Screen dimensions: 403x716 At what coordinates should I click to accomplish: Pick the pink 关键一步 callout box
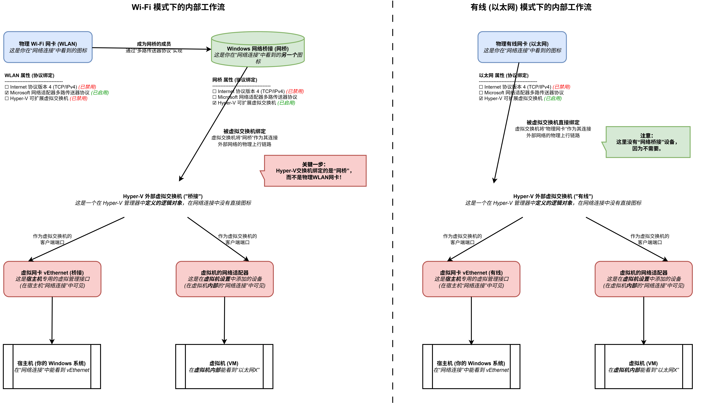[315, 171]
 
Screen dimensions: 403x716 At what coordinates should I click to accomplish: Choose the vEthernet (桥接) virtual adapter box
[52, 279]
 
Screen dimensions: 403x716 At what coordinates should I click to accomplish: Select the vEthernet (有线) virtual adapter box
[471, 279]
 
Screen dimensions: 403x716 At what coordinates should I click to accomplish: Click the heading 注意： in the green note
[646, 136]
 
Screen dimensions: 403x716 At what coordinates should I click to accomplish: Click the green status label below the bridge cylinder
[286, 103]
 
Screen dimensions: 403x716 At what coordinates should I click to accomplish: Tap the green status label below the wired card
[553, 98]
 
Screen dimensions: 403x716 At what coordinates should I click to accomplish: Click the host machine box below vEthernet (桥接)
[52, 366]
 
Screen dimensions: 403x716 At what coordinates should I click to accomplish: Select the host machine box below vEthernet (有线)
[471, 366]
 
